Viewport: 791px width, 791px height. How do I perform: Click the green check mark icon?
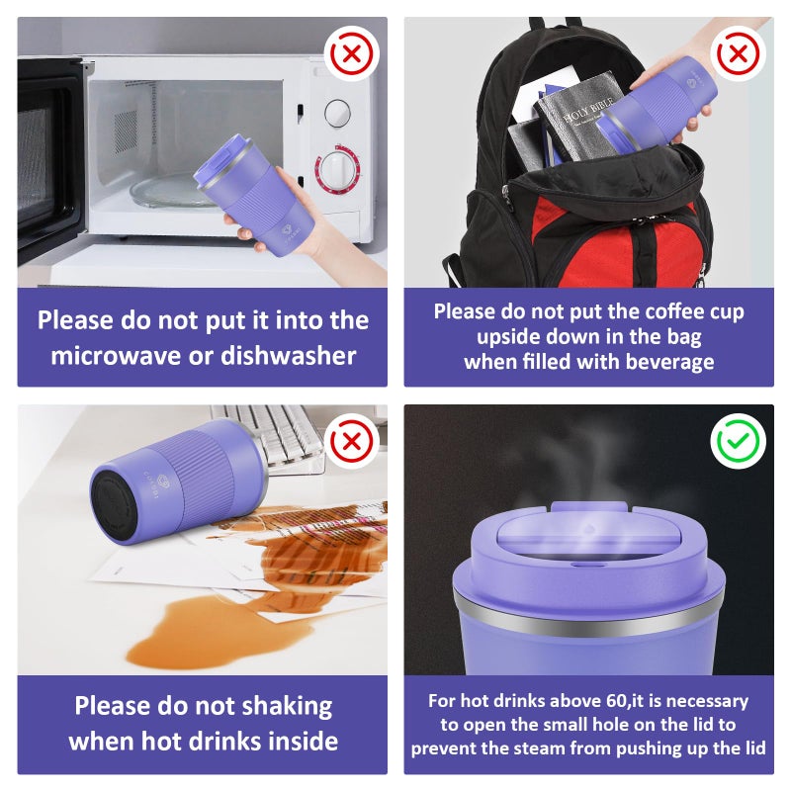point(738,441)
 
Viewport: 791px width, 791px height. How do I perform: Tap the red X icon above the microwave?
point(352,53)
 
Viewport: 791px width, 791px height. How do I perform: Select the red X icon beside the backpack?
point(738,53)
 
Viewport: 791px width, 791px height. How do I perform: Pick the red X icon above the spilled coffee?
point(352,441)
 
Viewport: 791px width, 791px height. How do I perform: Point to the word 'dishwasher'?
point(289,355)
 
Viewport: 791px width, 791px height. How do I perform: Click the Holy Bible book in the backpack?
point(577,118)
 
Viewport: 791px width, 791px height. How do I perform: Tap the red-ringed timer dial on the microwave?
point(337,169)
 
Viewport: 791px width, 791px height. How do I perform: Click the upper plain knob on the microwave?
point(337,113)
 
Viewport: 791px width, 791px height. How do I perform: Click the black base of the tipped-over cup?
point(115,507)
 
